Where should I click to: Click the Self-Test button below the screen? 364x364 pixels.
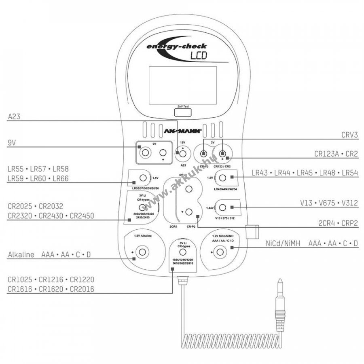pyautogui.click(x=182, y=112)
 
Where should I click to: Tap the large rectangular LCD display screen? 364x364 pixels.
pyautogui.click(x=182, y=85)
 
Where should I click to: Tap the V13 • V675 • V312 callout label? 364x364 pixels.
pyautogui.click(x=330, y=203)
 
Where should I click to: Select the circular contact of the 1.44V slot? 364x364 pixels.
pyautogui.click(x=223, y=208)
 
